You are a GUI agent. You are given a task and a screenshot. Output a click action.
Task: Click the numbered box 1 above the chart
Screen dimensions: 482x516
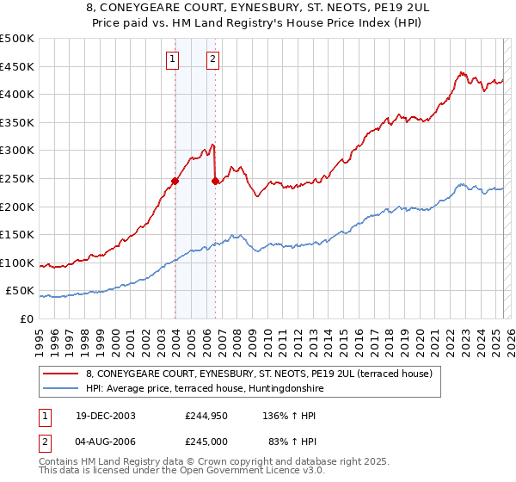174,59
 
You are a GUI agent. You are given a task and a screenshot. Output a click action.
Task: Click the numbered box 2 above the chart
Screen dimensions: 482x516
212,59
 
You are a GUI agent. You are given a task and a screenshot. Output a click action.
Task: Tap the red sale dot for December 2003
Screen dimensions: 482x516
175,181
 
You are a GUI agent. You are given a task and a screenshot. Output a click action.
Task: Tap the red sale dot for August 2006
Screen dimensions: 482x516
215,181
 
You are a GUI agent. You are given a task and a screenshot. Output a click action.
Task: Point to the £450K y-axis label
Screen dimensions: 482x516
16,66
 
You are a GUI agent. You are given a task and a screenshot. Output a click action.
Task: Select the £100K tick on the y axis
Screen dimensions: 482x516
16,263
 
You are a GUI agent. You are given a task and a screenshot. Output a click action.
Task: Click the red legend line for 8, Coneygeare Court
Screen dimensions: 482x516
61,373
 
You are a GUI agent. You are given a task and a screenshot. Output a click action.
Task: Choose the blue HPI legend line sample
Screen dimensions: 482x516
61,388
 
